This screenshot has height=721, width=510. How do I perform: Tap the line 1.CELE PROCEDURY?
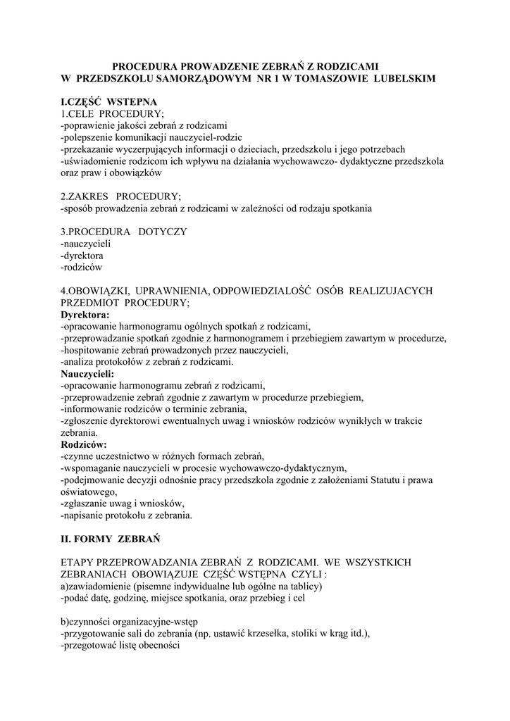[112, 114]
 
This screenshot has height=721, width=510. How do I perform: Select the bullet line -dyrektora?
[82, 256]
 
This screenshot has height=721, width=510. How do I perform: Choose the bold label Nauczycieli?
[87, 374]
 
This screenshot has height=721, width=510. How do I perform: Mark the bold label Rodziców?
[84, 445]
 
